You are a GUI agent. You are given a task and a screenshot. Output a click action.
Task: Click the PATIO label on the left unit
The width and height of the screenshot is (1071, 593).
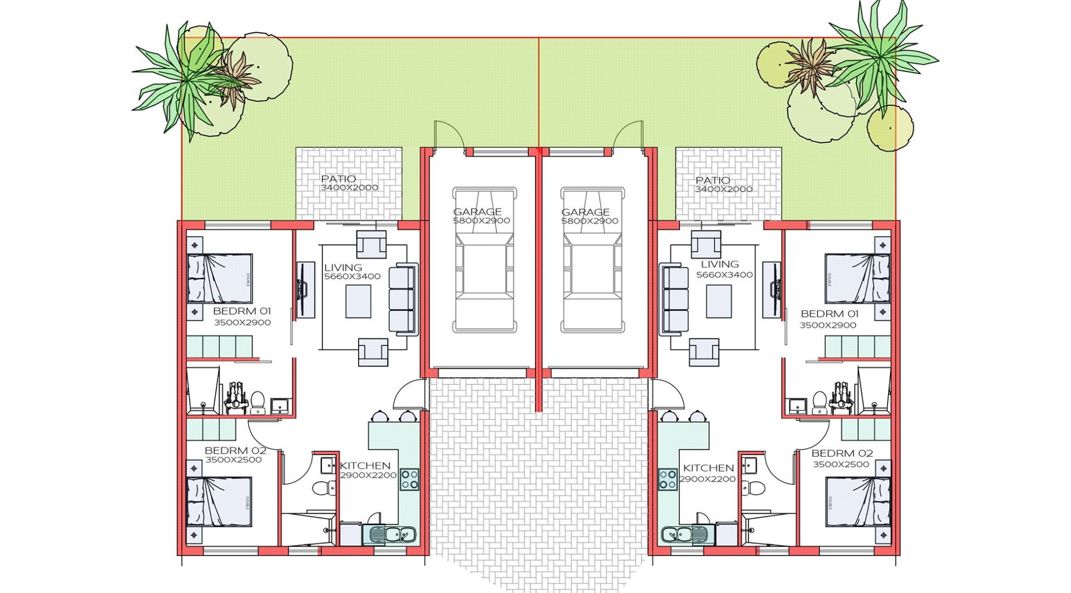click(x=338, y=179)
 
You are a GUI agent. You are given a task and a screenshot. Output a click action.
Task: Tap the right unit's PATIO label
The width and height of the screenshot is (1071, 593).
click(x=712, y=180)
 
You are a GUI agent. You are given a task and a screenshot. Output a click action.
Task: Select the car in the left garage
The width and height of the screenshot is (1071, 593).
click(x=484, y=260)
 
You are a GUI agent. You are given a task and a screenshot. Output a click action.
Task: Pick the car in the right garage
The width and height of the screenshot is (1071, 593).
click(x=592, y=260)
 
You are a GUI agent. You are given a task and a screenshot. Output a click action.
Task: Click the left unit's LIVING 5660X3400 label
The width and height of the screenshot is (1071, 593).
click(x=352, y=272)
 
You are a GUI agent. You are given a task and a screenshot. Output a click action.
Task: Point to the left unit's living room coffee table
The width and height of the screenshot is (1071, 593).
click(x=358, y=301)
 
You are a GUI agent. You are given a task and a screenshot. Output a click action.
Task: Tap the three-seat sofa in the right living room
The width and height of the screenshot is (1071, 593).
click(x=674, y=300)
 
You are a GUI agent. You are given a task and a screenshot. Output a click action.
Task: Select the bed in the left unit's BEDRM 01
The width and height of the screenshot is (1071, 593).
click(x=219, y=279)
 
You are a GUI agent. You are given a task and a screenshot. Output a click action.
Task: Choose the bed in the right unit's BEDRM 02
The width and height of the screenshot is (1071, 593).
click(x=858, y=501)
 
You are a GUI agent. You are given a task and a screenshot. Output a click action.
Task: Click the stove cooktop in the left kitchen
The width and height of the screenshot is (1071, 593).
click(x=409, y=479)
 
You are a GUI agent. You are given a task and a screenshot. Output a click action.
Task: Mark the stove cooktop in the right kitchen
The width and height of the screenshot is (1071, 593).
click(x=668, y=479)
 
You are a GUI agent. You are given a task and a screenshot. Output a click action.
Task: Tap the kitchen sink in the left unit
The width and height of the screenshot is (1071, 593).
click(x=390, y=535)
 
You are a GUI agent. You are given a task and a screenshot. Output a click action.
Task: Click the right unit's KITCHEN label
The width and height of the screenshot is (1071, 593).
click(x=708, y=468)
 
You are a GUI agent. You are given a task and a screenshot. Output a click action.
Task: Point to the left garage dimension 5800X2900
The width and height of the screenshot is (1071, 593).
click(x=481, y=221)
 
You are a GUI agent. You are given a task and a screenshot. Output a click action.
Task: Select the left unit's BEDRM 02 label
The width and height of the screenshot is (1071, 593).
click(x=235, y=450)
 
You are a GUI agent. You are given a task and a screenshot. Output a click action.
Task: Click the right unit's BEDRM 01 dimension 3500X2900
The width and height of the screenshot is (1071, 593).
click(x=828, y=325)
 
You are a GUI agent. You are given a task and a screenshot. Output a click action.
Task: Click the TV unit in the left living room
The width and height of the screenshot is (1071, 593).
click(x=305, y=290)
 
